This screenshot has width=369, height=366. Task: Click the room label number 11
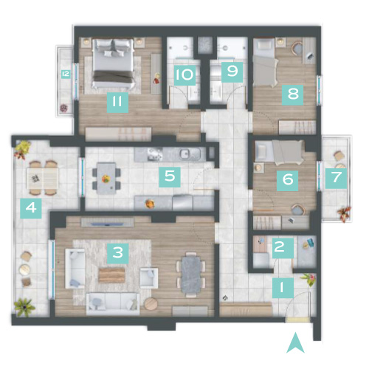(117, 103)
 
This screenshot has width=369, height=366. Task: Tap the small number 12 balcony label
(66, 74)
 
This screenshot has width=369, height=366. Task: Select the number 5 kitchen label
(170, 177)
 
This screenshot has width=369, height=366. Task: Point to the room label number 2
(283, 248)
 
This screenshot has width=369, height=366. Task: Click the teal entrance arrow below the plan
(295, 342)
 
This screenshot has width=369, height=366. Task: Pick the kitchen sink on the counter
(184, 154)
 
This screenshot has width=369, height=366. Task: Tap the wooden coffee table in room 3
(111, 275)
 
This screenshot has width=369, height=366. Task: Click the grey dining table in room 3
(191, 274)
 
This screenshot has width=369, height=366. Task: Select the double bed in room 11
(114, 63)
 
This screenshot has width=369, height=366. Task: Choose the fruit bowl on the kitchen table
(106, 179)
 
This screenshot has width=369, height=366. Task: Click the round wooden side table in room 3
(151, 304)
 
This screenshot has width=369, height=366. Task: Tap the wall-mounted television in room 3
(108, 224)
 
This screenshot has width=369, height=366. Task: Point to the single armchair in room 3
(148, 278)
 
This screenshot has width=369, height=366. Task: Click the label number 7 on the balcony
(336, 178)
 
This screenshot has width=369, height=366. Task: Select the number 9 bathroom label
(232, 72)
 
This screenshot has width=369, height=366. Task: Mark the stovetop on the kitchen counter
(155, 154)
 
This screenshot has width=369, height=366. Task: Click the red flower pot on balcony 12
(63, 108)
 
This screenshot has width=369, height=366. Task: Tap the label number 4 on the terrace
(31, 208)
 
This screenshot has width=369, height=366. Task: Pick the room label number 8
(292, 95)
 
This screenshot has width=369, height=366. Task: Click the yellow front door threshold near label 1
(298, 320)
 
